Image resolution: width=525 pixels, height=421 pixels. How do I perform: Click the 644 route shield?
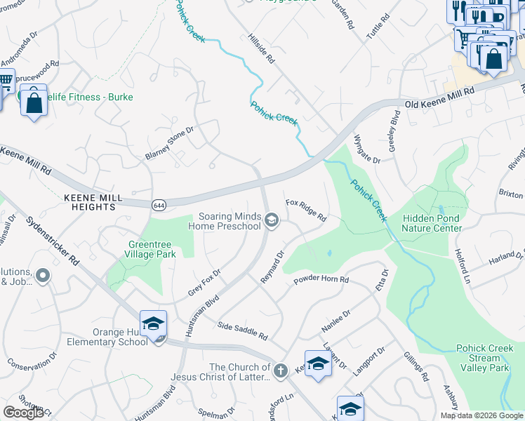tap(158, 203)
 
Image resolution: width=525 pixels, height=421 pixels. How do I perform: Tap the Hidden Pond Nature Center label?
tap(432, 223)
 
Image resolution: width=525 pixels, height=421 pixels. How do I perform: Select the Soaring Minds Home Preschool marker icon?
tap(271, 222)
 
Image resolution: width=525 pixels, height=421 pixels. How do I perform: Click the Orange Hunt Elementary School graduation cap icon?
tap(153, 323)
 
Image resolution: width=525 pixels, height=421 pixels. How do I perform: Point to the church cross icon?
tap(280, 371)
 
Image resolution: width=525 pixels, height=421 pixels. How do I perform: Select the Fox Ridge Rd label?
tap(306, 210)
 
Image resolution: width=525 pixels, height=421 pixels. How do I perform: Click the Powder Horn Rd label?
tap(321, 279)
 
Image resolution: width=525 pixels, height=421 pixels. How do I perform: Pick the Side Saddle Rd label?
tap(242, 330)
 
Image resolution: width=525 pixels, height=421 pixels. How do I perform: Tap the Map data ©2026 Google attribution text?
tap(481, 415)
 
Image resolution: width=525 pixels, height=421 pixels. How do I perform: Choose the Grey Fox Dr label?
tap(204, 282)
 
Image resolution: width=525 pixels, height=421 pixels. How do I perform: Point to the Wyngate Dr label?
tap(366, 149)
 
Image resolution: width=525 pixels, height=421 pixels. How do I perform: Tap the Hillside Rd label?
tap(260, 49)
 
